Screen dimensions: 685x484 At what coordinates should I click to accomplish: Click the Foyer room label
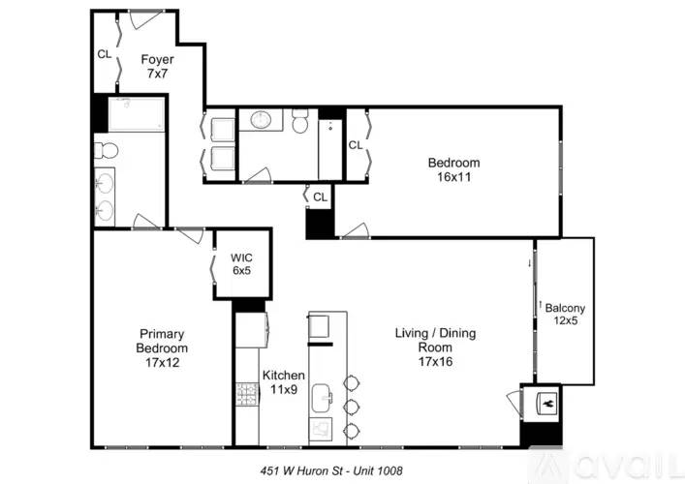[x=157, y=59]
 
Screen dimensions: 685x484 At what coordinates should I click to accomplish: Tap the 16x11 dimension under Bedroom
[x=453, y=177]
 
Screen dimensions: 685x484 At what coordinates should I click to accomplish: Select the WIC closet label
[x=241, y=257]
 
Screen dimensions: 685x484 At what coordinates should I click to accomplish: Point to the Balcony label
[x=565, y=308]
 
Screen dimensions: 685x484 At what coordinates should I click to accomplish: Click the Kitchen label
[x=284, y=375]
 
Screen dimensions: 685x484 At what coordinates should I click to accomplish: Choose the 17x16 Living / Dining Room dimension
[x=436, y=361]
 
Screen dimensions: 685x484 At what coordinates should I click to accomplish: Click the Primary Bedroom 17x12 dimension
[x=163, y=362]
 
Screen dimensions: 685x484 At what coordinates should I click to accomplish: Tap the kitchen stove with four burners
[x=248, y=394]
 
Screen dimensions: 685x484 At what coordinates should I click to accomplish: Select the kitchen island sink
[x=323, y=398]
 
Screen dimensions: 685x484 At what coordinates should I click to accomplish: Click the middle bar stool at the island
[x=351, y=407]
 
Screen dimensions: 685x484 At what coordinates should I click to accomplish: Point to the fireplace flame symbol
[x=547, y=404]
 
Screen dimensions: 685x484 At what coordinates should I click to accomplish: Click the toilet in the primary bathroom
[x=107, y=151]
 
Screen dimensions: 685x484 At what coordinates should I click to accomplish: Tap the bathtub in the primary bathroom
[x=137, y=114]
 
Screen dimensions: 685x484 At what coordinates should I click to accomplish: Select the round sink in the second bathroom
[x=262, y=120]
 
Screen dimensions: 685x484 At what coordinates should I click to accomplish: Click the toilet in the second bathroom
[x=300, y=121]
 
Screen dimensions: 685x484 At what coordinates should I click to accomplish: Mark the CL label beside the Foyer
[x=105, y=54]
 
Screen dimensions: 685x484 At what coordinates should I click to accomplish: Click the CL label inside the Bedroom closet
[x=356, y=145]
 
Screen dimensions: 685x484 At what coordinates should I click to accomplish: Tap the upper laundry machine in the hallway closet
[x=223, y=129]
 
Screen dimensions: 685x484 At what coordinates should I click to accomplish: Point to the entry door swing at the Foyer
[x=147, y=18]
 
